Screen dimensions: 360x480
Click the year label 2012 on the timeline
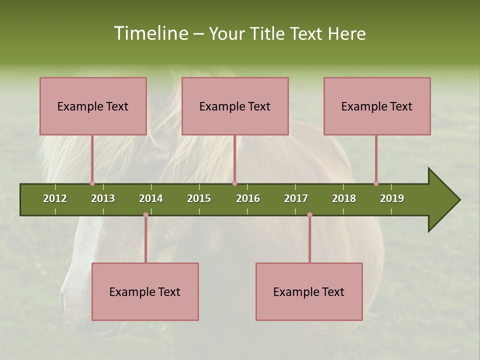(55, 198)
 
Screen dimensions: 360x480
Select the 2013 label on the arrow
(103, 198)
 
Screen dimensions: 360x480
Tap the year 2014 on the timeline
(151, 198)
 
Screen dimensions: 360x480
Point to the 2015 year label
(199, 198)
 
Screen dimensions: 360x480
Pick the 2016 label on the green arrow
(248, 198)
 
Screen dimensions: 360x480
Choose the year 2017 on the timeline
(296, 198)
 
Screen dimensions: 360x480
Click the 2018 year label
(344, 198)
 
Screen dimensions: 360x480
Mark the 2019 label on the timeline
(392, 198)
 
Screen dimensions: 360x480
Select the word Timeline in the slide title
(150, 33)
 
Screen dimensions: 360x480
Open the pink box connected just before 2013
(93, 106)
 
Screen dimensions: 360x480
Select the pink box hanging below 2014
(145, 291)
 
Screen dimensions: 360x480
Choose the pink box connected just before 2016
(235, 106)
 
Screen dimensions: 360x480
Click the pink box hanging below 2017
(309, 291)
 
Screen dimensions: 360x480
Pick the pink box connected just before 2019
(377, 106)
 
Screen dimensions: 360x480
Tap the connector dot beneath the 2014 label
(145, 215)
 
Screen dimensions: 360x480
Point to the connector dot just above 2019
(376, 183)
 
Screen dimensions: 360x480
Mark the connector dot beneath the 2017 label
(309, 215)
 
